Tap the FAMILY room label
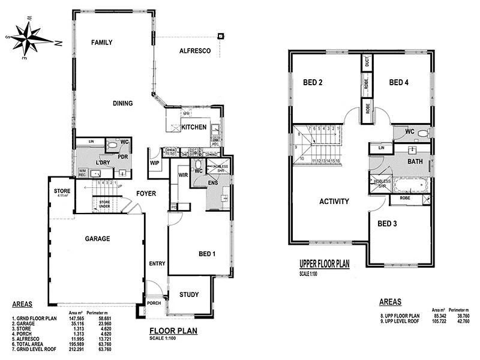[101, 43]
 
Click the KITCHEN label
[194, 127]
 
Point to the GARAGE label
[97, 239]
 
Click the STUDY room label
[191, 295]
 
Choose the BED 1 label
[206, 254]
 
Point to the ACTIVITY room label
[334, 202]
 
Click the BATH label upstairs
[415, 162]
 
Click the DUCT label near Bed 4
[367, 62]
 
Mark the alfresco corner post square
[221, 37]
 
